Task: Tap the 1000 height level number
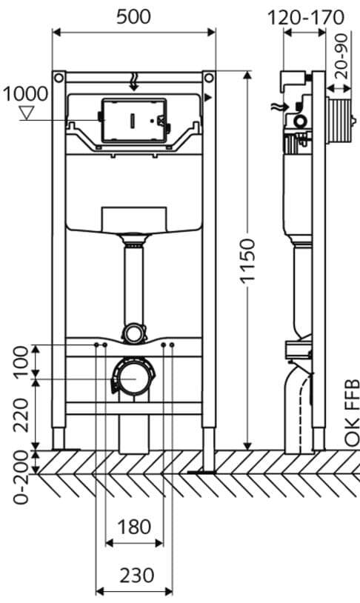pyautogui.click(x=24, y=94)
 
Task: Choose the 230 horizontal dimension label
pyautogui.click(x=134, y=574)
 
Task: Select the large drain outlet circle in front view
pyautogui.click(x=133, y=378)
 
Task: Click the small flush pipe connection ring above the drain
pyautogui.click(x=133, y=333)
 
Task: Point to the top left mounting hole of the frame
pyautogui.click(x=58, y=77)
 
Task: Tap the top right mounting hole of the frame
pyautogui.click(x=209, y=77)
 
